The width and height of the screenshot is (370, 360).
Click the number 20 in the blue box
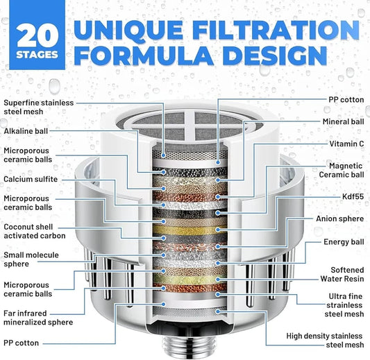pyautogui.click(x=37, y=35)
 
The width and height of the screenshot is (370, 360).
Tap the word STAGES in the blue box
pyautogui.click(x=37, y=55)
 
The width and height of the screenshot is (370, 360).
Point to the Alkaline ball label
pyautogui.click(x=26, y=131)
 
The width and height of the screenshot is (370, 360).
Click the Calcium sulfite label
pyautogui.click(x=31, y=179)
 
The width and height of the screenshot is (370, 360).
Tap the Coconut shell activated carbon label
pyautogui.click(x=35, y=231)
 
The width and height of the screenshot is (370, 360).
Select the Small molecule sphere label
pyautogui.click(x=31, y=259)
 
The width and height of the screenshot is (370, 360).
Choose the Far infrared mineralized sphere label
pyautogui.click(x=38, y=318)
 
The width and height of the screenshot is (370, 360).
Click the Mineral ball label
pyautogui.click(x=343, y=121)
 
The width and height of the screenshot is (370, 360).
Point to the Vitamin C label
pyautogui.click(x=346, y=144)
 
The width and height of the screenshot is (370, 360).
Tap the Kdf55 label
pyautogui.click(x=353, y=196)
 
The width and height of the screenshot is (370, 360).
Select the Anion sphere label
pyautogui.click(x=339, y=218)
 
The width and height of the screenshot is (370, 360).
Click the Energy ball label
pyautogui.click(x=344, y=242)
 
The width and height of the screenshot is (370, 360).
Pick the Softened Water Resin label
pyautogui.click(x=342, y=274)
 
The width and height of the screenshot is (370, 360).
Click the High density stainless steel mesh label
pyautogui.click(x=325, y=341)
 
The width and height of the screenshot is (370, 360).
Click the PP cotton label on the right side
pyautogui.click(x=346, y=100)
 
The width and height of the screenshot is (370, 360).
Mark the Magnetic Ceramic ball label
pyautogui.click(x=342, y=170)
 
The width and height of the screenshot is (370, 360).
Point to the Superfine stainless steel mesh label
pyautogui.click(x=38, y=107)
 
